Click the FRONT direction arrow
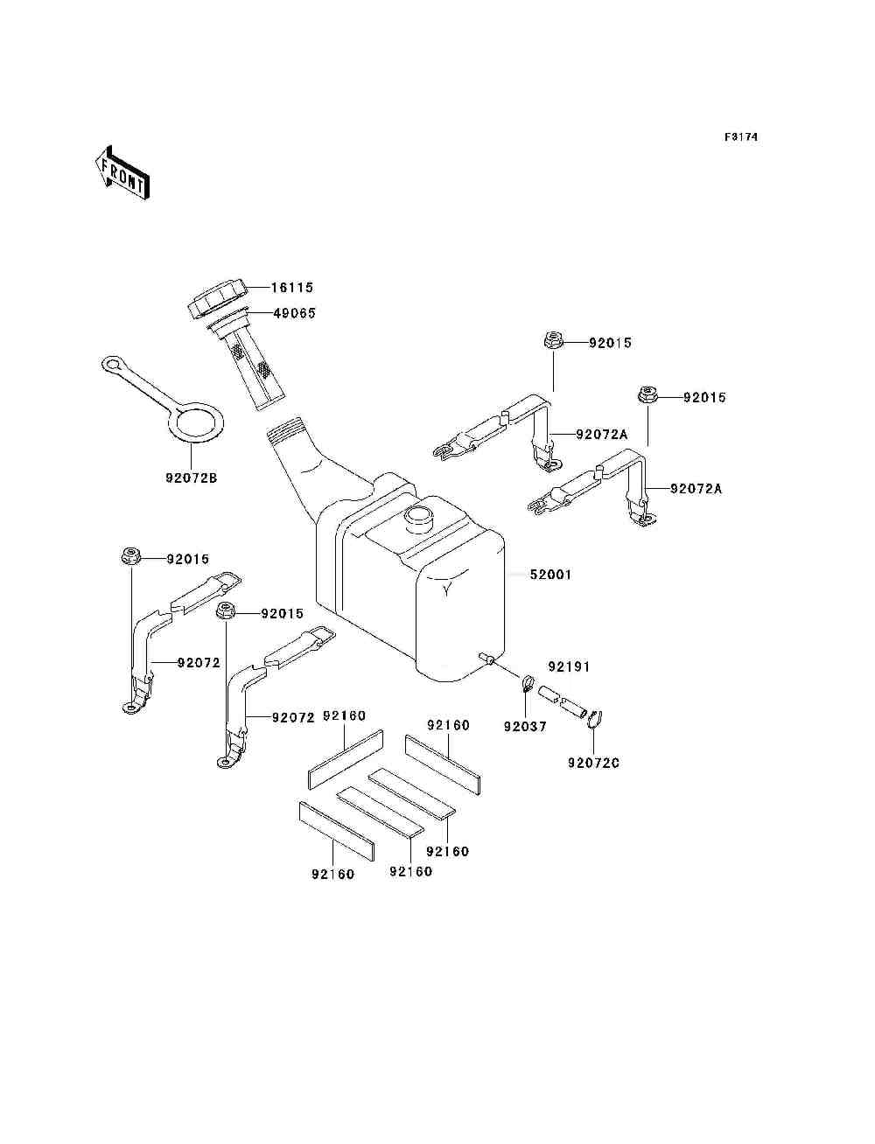(x=122, y=172)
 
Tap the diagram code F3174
(x=740, y=137)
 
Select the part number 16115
(x=291, y=288)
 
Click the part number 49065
(x=294, y=313)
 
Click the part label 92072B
(x=191, y=478)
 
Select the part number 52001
(x=550, y=575)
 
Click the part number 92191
(x=569, y=666)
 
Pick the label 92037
(x=525, y=726)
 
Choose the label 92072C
(x=593, y=763)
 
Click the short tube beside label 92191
(x=560, y=701)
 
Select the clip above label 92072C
(x=595, y=719)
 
